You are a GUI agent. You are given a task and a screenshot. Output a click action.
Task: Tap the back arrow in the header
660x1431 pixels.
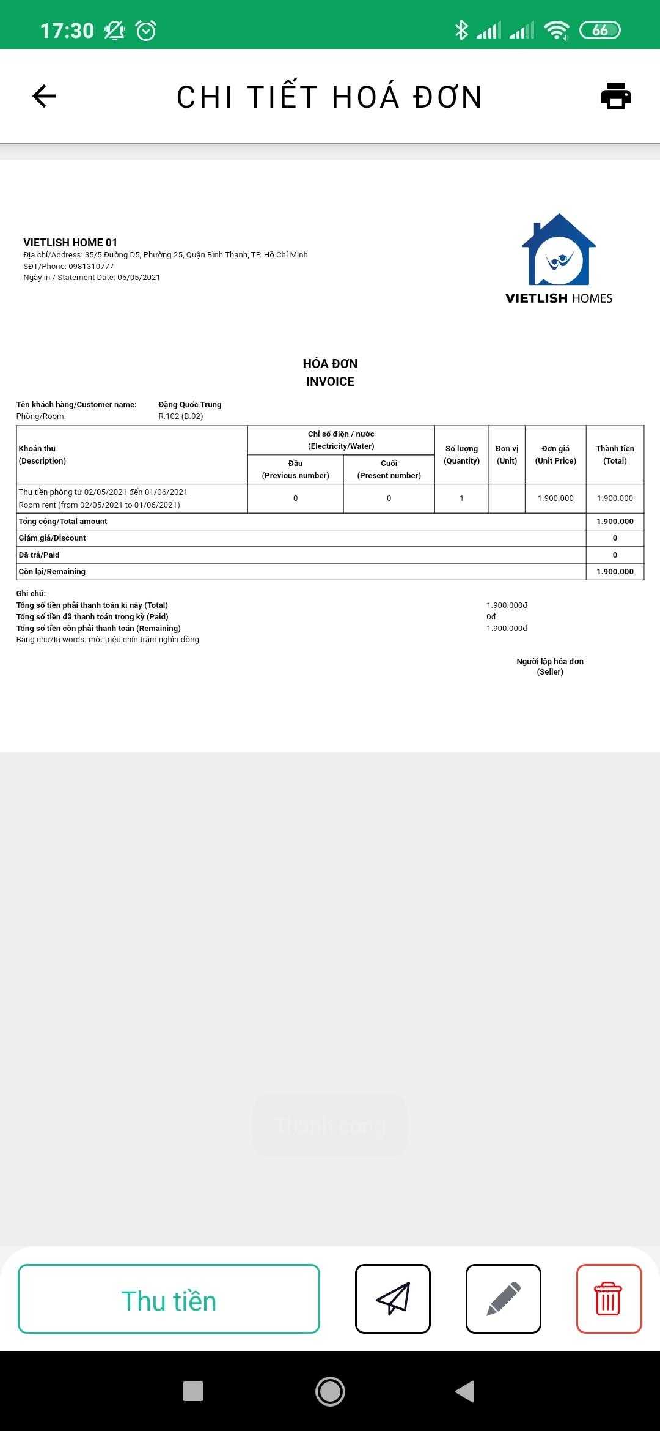point(44,96)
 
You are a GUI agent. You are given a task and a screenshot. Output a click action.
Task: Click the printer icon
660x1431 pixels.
point(615,96)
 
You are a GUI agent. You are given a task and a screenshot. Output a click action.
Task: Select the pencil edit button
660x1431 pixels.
point(504,1299)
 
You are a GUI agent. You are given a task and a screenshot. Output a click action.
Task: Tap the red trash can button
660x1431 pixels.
point(609,1299)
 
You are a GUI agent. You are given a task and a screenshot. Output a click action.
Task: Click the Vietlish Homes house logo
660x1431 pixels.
point(559,251)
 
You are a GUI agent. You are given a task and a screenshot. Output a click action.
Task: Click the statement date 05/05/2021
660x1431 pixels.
point(139,278)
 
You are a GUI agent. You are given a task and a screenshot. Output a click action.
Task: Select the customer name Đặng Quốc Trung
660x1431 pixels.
point(190,405)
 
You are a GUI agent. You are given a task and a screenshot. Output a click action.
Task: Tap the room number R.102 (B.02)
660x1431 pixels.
point(181,416)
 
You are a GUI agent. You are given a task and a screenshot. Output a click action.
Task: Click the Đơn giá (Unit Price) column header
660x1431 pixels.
point(555,454)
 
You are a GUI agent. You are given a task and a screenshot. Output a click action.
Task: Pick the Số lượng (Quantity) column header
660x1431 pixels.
point(461,454)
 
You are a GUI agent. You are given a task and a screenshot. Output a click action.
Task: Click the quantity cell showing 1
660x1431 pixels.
point(461,498)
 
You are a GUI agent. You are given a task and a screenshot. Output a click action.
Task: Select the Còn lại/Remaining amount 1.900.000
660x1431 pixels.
point(615,572)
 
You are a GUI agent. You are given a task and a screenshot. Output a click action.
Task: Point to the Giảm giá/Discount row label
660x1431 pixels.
point(53,538)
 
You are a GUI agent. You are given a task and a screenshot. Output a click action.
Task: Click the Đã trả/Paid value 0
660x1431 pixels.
point(615,555)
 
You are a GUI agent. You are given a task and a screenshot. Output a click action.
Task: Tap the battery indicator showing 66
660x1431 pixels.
point(599,30)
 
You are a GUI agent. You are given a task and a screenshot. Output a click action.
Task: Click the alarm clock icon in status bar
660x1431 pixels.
point(146,30)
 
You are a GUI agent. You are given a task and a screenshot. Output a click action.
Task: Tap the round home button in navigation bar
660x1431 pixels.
point(330,1391)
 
